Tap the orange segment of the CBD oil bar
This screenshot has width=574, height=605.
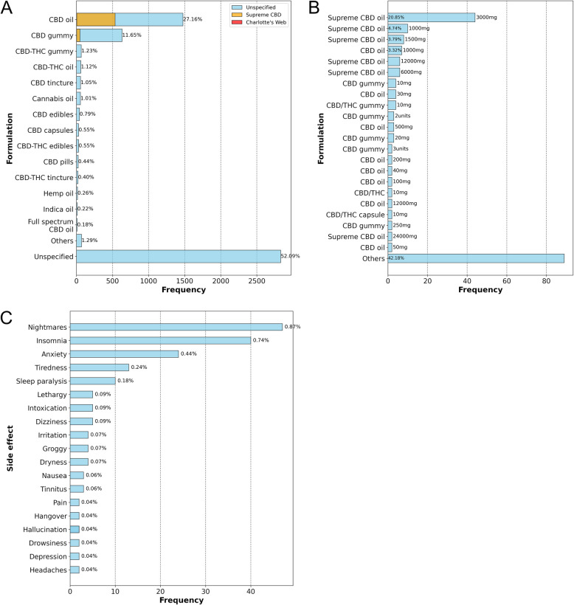pos(95,19)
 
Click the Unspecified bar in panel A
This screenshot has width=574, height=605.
pos(178,256)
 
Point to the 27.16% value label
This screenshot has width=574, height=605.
pos(194,19)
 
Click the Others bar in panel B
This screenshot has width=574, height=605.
pos(475,258)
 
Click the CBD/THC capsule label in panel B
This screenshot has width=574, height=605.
pos(354,214)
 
